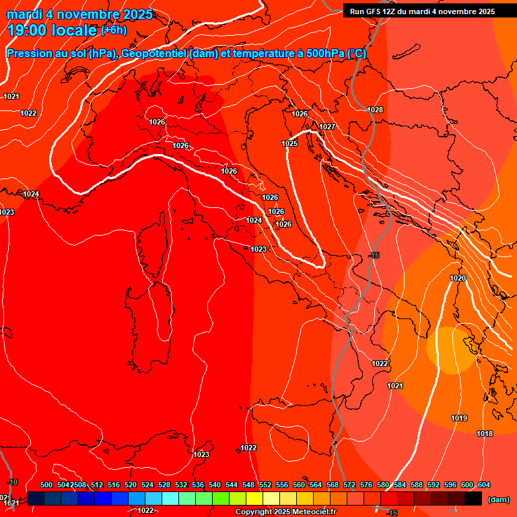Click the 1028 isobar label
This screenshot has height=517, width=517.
(375, 110)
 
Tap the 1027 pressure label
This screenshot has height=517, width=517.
(327, 127)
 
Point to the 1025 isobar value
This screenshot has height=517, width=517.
(289, 143)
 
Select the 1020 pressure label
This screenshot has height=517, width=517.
(458, 278)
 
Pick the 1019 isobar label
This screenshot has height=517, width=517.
(459, 418)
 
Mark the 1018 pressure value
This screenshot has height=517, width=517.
(485, 434)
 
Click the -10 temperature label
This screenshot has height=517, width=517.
(12, 483)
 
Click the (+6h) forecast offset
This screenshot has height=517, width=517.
(113, 30)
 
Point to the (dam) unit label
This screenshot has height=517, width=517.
(498, 499)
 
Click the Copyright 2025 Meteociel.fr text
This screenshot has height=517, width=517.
(286, 512)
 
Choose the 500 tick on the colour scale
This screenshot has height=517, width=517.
(46, 485)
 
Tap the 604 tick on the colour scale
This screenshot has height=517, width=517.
(484, 485)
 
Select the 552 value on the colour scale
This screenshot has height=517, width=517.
(265, 485)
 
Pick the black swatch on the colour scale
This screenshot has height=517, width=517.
(473, 498)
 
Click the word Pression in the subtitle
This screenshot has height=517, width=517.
(31, 54)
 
